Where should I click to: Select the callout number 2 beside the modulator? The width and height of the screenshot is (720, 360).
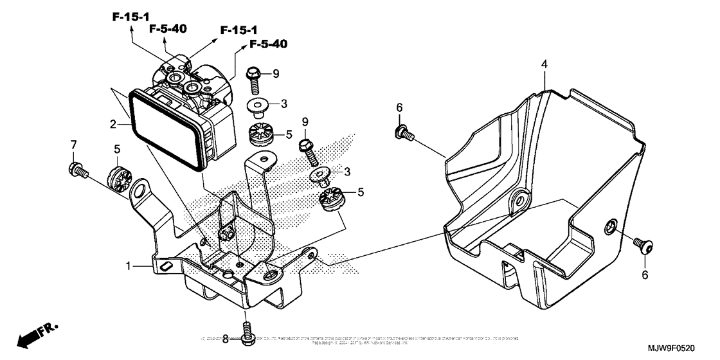click(113, 123)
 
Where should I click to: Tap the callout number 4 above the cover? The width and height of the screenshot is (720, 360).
click(543, 65)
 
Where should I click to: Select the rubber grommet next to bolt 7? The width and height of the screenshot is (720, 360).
click(117, 178)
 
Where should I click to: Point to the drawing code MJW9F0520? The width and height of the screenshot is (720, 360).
click(683, 346)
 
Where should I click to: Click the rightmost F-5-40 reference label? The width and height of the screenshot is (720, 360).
click(267, 44)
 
